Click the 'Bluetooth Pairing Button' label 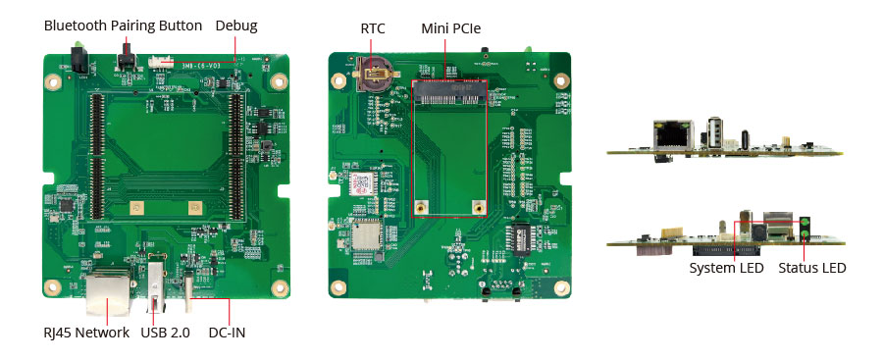pos(123,26)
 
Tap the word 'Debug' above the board pos(235,26)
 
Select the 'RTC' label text pos(372,28)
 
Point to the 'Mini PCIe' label pos(451,28)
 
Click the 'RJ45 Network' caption pos(86,333)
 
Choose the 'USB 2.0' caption pos(165,333)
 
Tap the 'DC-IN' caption pos(227,333)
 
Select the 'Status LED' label pos(812,267)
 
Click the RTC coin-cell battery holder pos(374,74)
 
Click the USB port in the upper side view pos(714,133)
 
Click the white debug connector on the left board pos(155,62)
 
